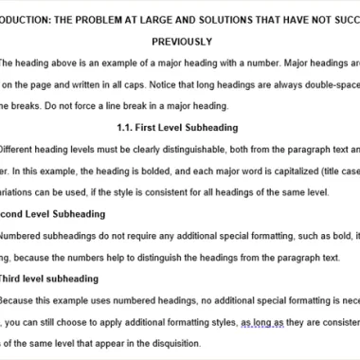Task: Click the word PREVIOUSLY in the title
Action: coord(179,41)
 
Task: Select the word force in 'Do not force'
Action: coord(105,105)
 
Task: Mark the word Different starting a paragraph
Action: coord(23,149)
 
